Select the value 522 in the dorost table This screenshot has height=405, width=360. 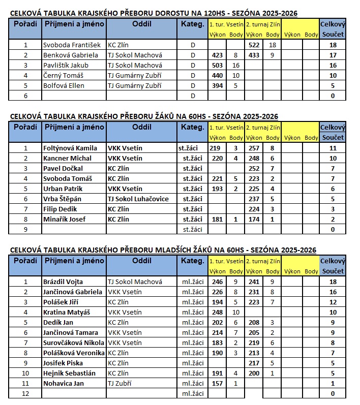[254, 45]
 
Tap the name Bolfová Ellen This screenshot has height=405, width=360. [64, 85]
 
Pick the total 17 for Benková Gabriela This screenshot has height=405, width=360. [333, 55]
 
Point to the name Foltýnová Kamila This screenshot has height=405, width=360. [70, 148]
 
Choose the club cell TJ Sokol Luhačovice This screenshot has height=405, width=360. [138, 199]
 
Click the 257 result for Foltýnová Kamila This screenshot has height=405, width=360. [254, 148]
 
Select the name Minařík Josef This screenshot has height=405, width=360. [64, 219]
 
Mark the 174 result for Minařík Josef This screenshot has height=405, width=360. [254, 219]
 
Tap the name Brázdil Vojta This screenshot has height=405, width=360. [63, 282]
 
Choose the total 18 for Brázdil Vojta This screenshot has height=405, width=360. [333, 282]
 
